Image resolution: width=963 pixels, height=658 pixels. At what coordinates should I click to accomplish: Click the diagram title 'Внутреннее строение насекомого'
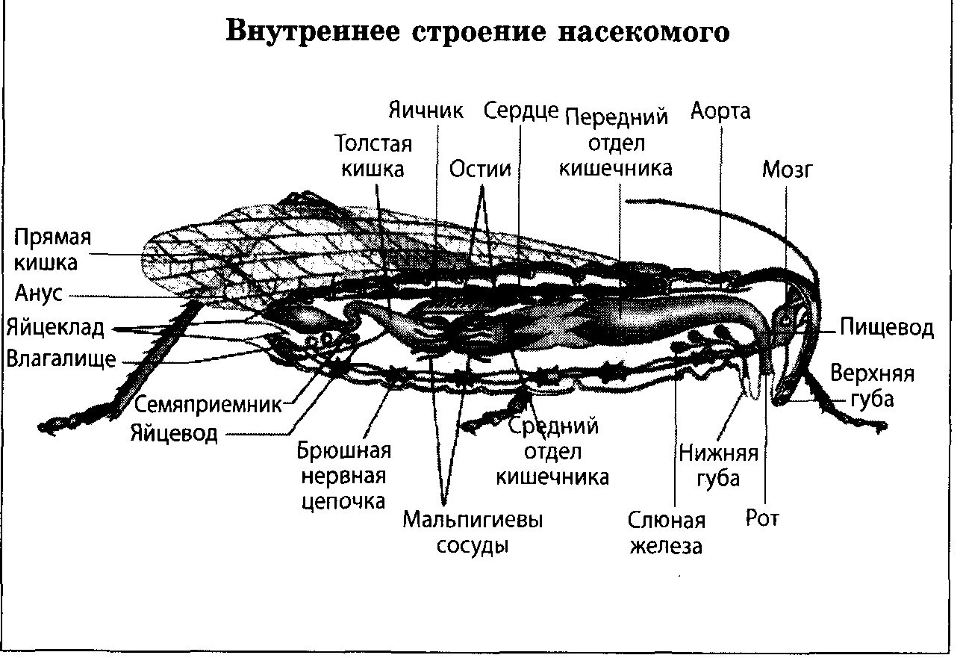pyautogui.click(x=479, y=34)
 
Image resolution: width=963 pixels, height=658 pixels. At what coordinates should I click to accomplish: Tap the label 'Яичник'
pyautogui.click(x=426, y=111)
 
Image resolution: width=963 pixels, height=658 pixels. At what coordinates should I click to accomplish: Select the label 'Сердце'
pyautogui.click(x=521, y=111)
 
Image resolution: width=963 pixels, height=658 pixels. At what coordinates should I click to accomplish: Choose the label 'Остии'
pyautogui.click(x=480, y=169)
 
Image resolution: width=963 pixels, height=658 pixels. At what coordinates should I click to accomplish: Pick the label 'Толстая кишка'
pyautogui.click(x=373, y=155)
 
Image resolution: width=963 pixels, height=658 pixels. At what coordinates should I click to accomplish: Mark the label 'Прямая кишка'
pyautogui.click(x=53, y=250)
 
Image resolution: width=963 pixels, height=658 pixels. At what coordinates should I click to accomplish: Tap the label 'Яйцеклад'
pyautogui.click(x=56, y=327)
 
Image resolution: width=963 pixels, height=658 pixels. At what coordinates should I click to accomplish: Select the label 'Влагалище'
pyautogui.click(x=61, y=359)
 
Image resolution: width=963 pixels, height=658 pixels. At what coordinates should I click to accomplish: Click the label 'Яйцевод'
pyautogui.click(x=174, y=432)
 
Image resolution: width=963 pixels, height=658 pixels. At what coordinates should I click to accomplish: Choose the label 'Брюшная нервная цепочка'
pyautogui.click(x=344, y=476)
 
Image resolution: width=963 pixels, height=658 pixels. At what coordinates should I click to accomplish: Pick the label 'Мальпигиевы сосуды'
pyautogui.click(x=472, y=532)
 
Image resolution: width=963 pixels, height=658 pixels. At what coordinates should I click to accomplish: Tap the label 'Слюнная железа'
pyautogui.click(x=666, y=533)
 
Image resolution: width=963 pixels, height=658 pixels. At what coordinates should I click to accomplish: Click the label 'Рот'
pyautogui.click(x=762, y=518)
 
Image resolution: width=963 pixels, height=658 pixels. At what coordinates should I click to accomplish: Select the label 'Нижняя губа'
pyautogui.click(x=718, y=465)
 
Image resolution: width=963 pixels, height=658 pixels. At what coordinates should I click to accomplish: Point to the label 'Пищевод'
pyautogui.click(x=886, y=327)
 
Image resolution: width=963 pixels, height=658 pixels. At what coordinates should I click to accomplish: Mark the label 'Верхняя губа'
pyautogui.click(x=872, y=386)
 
